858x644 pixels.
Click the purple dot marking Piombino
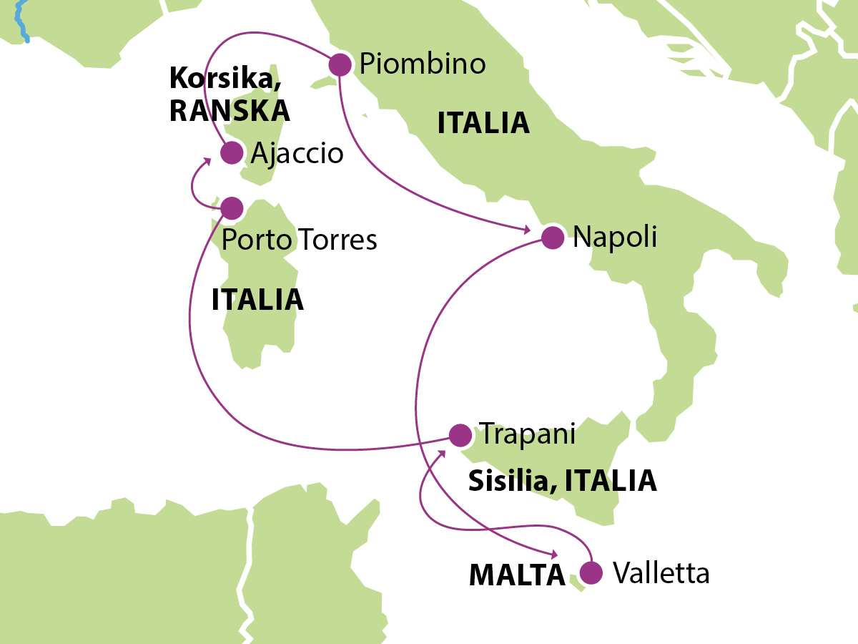click(x=339, y=65)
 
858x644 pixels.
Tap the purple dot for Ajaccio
click(x=231, y=152)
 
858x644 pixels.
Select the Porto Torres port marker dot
click(x=231, y=208)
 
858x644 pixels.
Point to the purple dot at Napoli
click(x=552, y=238)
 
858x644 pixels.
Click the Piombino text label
click(x=423, y=64)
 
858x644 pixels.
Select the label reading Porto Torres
click(x=299, y=240)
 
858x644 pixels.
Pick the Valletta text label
click(x=661, y=572)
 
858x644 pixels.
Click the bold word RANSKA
click(x=230, y=111)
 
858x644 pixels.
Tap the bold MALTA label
click(x=517, y=575)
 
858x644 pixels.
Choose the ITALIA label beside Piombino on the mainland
click(x=483, y=123)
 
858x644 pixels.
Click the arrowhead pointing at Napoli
click(x=526, y=230)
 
